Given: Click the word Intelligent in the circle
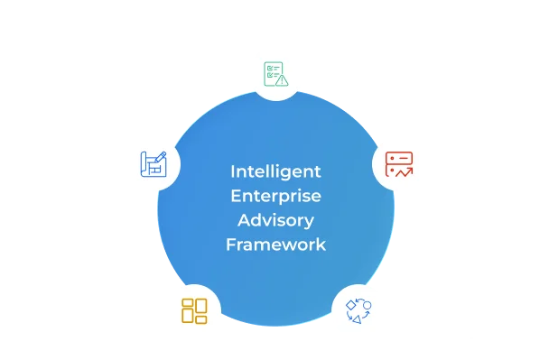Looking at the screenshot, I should pyautogui.click(x=275, y=171).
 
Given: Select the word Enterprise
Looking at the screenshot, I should pyautogui.click(x=275, y=195).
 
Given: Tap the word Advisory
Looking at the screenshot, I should pyautogui.click(x=275, y=219).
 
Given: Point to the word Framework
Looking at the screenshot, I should pyautogui.click(x=275, y=244).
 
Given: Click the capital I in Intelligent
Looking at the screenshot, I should pyautogui.click(x=233, y=171).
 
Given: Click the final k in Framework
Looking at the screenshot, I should pyautogui.click(x=321, y=244).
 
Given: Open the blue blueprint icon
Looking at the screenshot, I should pyautogui.click(x=154, y=164).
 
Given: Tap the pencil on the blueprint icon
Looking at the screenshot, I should pyautogui.click(x=160, y=158).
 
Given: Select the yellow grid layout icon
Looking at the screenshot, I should pyautogui.click(x=194, y=310).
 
